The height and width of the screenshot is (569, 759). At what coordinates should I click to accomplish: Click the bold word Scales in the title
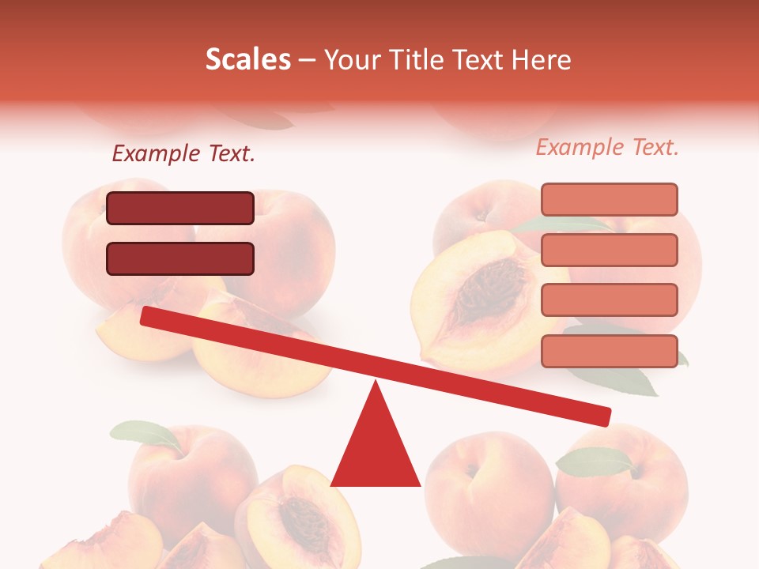[x=247, y=59]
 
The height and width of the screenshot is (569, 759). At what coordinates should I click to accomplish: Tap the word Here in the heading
[x=540, y=59]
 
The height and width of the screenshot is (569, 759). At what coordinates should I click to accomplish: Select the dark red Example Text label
[x=183, y=154]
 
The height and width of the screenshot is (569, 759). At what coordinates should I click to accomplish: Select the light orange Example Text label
[x=607, y=147]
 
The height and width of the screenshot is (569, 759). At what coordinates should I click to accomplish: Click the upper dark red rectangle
[x=180, y=208]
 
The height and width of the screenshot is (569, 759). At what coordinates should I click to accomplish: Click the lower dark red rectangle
[x=180, y=258]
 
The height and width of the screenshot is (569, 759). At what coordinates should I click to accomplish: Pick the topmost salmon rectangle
[x=609, y=199]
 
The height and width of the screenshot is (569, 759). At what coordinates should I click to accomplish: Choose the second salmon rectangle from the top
[x=609, y=250]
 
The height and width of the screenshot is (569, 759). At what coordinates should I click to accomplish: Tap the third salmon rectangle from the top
[x=609, y=300]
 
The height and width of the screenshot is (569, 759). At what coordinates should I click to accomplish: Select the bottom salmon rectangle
[x=609, y=351]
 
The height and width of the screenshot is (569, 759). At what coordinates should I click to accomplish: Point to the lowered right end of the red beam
[x=604, y=416]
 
